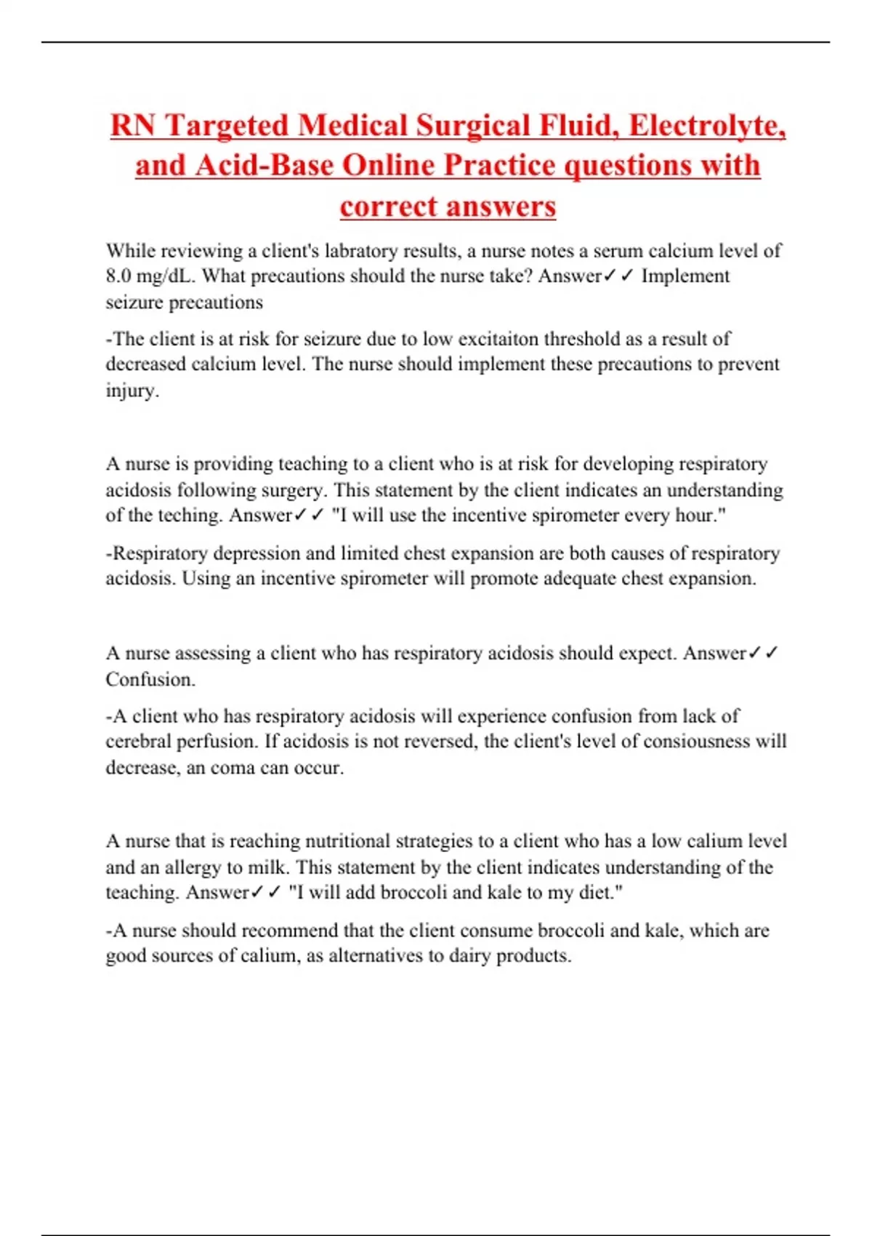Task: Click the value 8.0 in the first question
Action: (x=119, y=276)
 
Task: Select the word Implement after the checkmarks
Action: (x=685, y=276)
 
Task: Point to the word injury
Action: (x=131, y=390)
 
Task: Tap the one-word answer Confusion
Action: (x=150, y=679)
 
